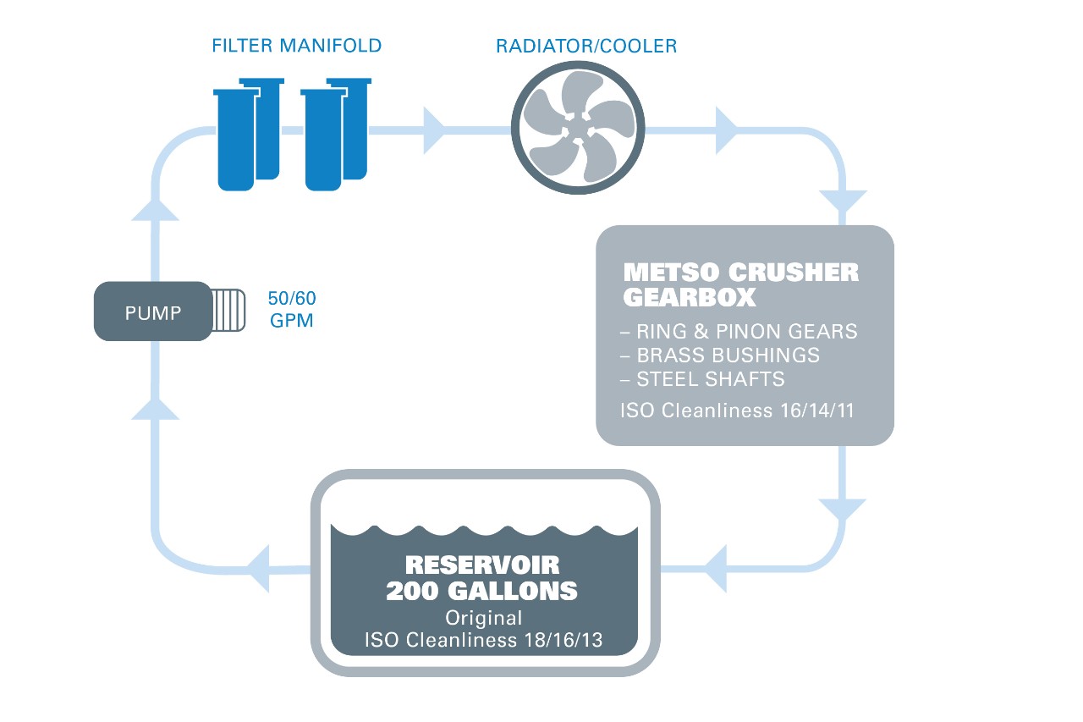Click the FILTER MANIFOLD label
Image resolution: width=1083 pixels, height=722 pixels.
pos(296,45)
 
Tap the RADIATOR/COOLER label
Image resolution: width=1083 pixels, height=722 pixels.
pos(586,46)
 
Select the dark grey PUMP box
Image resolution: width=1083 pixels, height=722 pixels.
pos(152,311)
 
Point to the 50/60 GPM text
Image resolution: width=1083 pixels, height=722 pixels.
pos(290,310)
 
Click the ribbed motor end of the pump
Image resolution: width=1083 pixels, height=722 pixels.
pos(228,311)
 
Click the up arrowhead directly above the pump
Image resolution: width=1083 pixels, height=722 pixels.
pos(156,207)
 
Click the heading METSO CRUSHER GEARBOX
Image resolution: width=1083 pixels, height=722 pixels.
pos(740,284)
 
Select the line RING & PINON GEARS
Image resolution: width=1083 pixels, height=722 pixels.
pos(739,331)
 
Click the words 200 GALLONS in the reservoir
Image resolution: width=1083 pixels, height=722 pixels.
pos(481,591)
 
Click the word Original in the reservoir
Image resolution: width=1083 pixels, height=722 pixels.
pos(483,617)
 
